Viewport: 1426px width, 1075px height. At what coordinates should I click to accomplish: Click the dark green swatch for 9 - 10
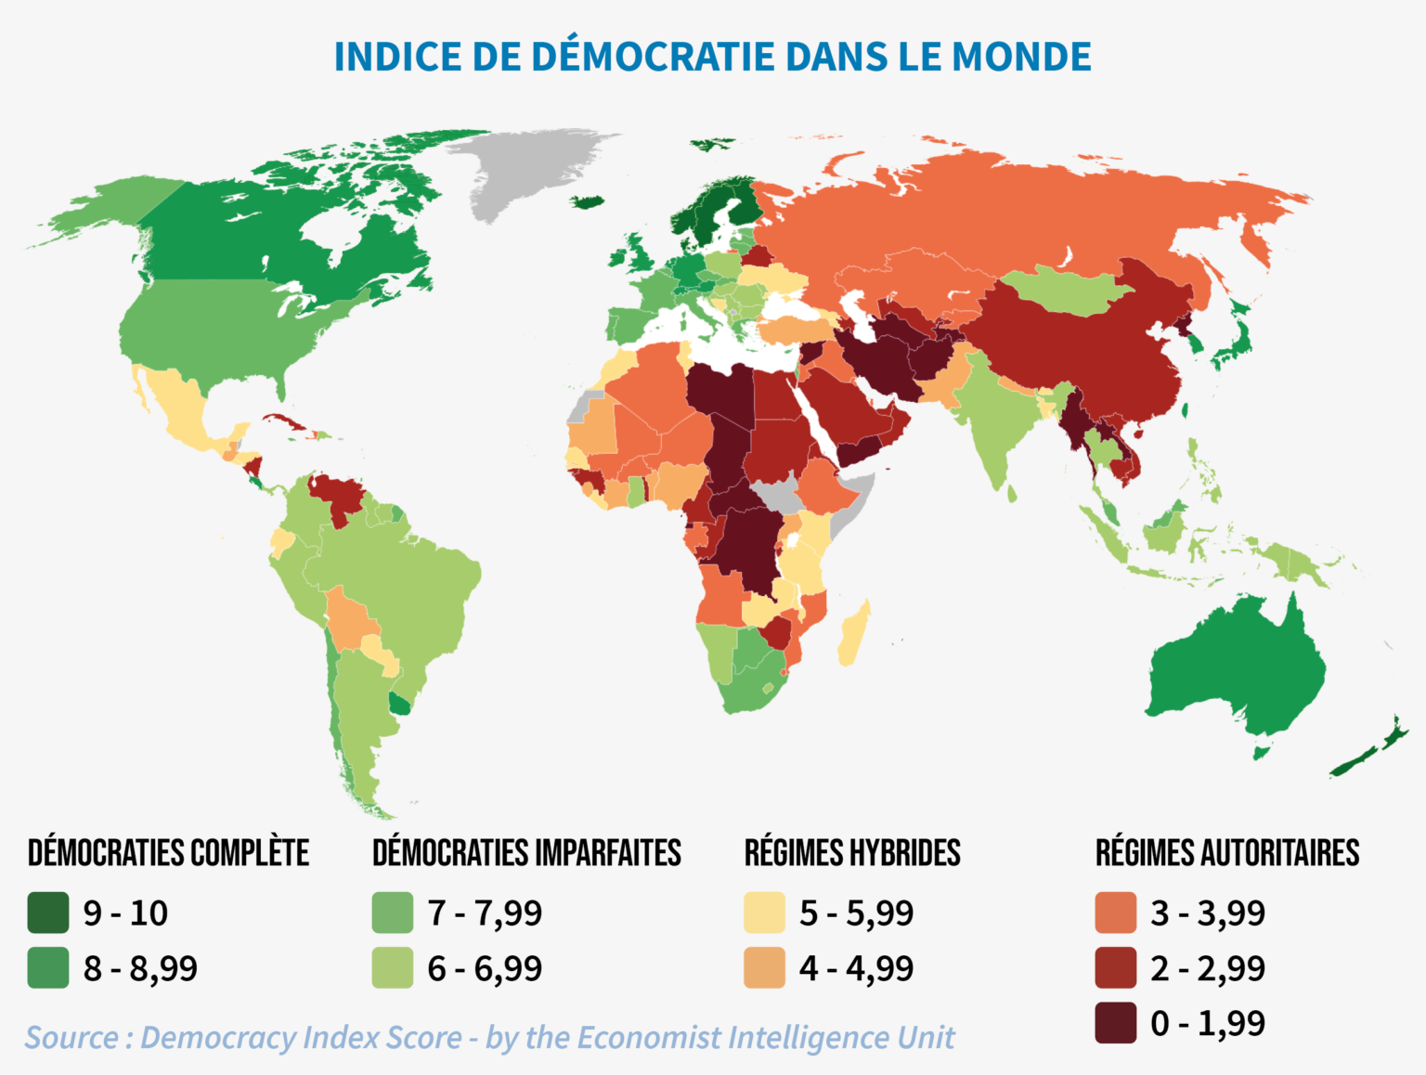point(48,913)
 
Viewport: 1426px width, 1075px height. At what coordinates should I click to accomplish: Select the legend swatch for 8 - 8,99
point(48,968)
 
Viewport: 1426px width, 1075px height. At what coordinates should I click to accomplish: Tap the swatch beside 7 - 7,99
point(392,913)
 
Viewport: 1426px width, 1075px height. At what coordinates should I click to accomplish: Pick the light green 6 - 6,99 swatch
point(392,968)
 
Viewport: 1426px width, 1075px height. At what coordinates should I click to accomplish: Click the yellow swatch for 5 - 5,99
point(764,913)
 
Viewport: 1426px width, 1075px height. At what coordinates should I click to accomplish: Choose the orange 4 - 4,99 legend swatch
point(764,968)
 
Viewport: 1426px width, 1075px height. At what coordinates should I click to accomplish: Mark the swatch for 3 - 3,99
point(1115,913)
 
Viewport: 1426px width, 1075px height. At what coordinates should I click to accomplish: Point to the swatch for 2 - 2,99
point(1115,968)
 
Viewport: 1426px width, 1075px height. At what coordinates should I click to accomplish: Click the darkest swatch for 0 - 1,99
point(1115,1023)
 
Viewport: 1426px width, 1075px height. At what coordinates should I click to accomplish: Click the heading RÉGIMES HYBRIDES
point(852,853)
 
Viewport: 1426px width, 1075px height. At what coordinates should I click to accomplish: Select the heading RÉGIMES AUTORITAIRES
point(1226,853)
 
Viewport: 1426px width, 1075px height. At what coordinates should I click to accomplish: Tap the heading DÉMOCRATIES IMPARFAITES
point(526,853)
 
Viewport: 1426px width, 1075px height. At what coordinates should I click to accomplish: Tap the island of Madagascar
point(854,633)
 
